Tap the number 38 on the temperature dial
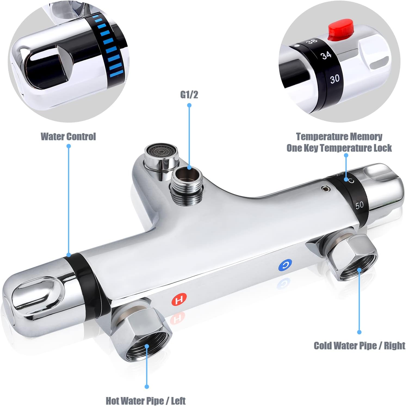pyautogui.click(x=311, y=42)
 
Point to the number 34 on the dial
pyautogui.click(x=326, y=55)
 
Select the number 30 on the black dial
pyautogui.click(x=335, y=79)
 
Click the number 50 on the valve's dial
pyautogui.click(x=359, y=205)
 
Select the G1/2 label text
pyautogui.click(x=189, y=95)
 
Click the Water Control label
pyautogui.click(x=68, y=136)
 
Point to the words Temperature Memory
pyautogui.click(x=339, y=136)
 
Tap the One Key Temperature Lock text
pyautogui.click(x=339, y=148)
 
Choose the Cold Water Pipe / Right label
pyautogui.click(x=359, y=346)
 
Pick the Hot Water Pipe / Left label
pyautogui.click(x=146, y=401)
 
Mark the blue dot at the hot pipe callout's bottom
pyautogui.click(x=147, y=386)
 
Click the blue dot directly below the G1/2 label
pyautogui.click(x=189, y=105)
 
